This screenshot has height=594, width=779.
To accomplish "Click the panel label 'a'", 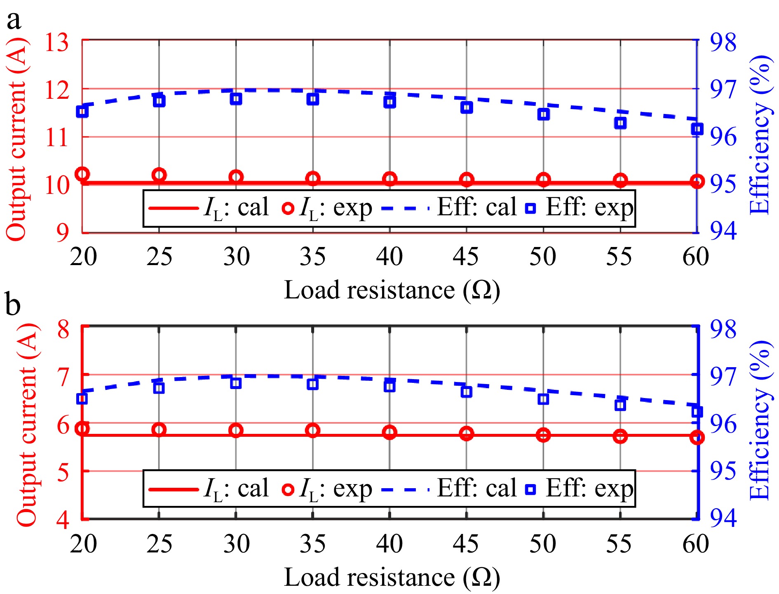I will [x=14, y=20].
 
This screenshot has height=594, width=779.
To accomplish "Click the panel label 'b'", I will [x=13, y=305].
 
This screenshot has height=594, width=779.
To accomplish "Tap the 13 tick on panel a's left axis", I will [x=57, y=42].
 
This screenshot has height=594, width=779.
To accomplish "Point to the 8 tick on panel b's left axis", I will [x=63, y=328].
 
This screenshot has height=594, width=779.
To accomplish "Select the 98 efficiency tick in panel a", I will [x=723, y=42].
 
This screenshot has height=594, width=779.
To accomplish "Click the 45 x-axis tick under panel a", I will [x=466, y=256].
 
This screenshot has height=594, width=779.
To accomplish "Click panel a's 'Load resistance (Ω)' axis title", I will [x=392, y=290].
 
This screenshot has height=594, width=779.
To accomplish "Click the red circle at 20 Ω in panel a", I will [x=82, y=174].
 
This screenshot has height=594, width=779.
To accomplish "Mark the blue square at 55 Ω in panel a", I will [x=620, y=123].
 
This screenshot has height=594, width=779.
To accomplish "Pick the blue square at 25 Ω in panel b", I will [x=159, y=388].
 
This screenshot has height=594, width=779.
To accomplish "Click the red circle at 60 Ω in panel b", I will [x=697, y=437].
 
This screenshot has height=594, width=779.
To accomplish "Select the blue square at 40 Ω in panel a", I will [x=389, y=102].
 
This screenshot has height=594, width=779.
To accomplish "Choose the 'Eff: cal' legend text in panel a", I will [x=476, y=207].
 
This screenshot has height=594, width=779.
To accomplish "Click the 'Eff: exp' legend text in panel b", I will [x=589, y=489].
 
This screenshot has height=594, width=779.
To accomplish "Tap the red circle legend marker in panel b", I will [x=288, y=489].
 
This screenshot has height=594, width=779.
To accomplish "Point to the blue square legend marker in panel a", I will [x=531, y=208].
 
